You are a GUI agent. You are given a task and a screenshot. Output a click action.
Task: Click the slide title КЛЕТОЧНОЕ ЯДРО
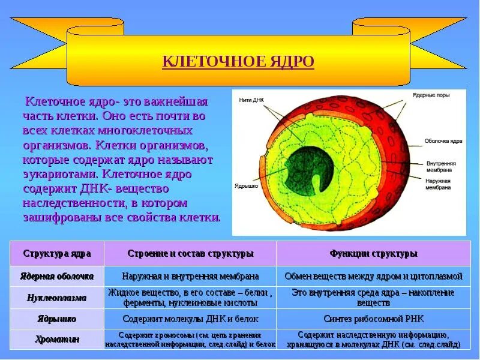point(238,62)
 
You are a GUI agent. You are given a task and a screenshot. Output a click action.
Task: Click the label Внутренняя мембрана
point(441,166)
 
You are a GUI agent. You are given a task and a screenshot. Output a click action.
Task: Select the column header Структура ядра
point(57,254)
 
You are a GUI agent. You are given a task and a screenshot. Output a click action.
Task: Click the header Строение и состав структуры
point(190,254)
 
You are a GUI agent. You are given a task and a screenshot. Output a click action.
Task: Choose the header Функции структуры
point(373,254)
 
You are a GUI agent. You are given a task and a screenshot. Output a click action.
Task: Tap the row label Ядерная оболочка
point(57,277)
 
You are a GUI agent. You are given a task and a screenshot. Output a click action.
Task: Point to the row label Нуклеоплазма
point(57,298)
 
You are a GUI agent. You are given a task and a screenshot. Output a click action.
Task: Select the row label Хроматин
point(57,340)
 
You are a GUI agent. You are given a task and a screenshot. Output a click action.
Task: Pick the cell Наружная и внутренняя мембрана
point(190,277)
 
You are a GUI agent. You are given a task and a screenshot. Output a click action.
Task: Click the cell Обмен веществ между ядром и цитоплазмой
point(373,277)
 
